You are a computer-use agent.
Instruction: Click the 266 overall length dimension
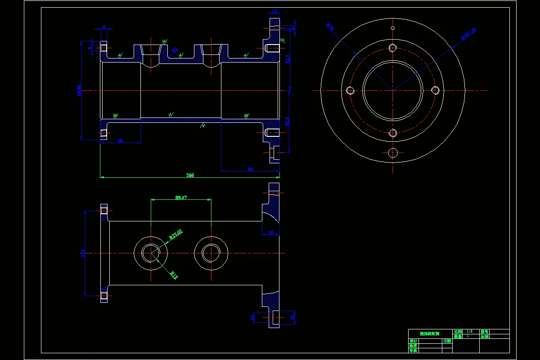[x=190, y=175]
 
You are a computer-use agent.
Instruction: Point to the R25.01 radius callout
[x=176, y=234]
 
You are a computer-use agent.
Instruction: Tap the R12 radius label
[x=174, y=275]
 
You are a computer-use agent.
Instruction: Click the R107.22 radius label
[x=468, y=35]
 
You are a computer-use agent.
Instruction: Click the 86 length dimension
[x=250, y=169]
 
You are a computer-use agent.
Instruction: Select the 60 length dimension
[x=120, y=141]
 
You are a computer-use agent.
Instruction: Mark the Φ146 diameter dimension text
[x=79, y=90]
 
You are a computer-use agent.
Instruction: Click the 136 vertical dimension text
[x=83, y=253]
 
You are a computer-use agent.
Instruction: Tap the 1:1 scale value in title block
[x=469, y=331]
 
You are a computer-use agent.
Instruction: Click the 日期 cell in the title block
[x=447, y=341]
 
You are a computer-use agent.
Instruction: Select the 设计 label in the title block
[x=414, y=341]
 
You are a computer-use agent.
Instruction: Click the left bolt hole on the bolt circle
[x=351, y=90]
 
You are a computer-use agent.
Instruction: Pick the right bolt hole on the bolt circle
[x=435, y=90]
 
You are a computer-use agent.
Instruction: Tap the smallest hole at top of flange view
[x=393, y=28]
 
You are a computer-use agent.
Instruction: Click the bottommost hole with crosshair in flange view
[x=393, y=153]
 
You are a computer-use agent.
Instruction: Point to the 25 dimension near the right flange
[x=270, y=233]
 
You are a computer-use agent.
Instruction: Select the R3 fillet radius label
[x=175, y=49]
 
